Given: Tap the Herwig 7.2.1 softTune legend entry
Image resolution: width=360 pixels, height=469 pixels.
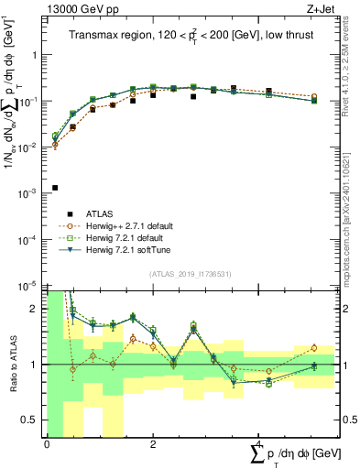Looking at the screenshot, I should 136,249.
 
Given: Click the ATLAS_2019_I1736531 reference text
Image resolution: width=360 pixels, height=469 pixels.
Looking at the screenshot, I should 190,274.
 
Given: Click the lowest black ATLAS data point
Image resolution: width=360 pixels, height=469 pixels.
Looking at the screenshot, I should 55,188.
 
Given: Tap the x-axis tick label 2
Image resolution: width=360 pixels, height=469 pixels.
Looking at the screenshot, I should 152,443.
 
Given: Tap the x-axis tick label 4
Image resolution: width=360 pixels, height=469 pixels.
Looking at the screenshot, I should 257,443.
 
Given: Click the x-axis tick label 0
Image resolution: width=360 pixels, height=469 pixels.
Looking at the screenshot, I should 47,443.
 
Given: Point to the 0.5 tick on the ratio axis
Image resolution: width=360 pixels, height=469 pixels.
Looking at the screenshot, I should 31,420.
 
